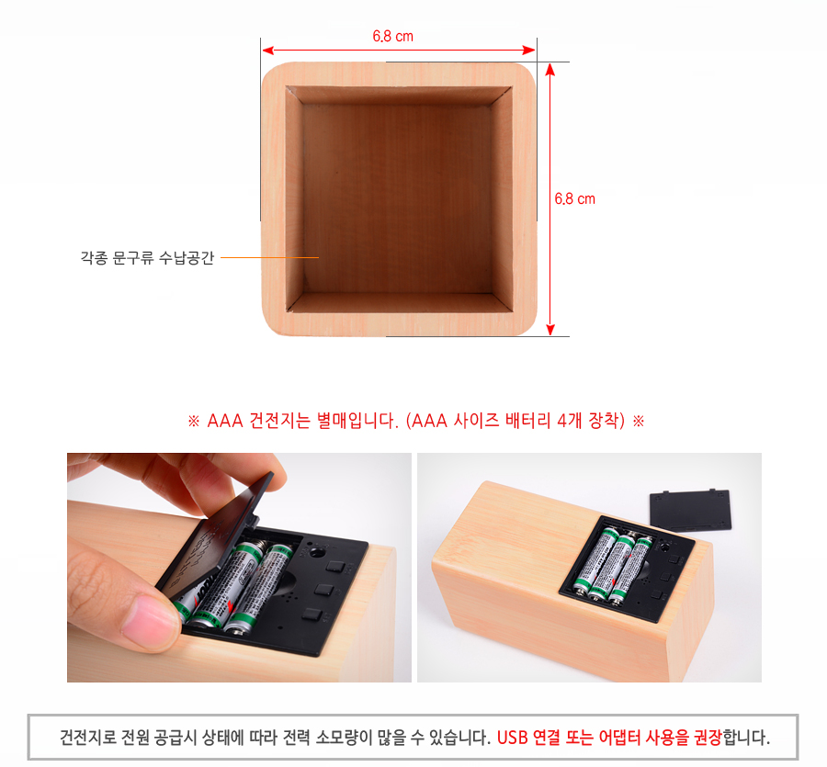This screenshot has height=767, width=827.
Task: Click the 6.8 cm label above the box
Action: click(393, 37)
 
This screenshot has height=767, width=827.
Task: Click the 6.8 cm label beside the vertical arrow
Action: click(574, 198)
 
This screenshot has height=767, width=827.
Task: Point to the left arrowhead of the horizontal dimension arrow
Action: click(268, 51)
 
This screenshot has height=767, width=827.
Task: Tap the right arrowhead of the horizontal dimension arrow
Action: click(529, 51)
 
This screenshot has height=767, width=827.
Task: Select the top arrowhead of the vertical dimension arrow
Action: click(550, 70)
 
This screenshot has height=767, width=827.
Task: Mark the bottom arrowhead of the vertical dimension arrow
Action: click(550, 330)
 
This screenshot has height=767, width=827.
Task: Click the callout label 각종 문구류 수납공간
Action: click(147, 258)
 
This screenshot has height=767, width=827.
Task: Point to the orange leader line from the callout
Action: click(269, 257)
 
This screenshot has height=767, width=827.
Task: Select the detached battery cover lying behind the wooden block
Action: click(690, 511)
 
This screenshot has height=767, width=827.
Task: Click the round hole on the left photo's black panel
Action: click(316, 552)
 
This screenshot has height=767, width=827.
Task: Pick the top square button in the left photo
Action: click(334, 567)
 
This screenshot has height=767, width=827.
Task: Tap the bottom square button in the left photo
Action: click(312, 615)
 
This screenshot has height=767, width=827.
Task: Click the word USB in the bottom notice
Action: click(512, 737)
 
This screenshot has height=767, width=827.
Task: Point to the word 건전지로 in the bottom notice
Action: click(87, 737)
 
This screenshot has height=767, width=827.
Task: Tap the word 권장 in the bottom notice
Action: click(708, 737)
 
